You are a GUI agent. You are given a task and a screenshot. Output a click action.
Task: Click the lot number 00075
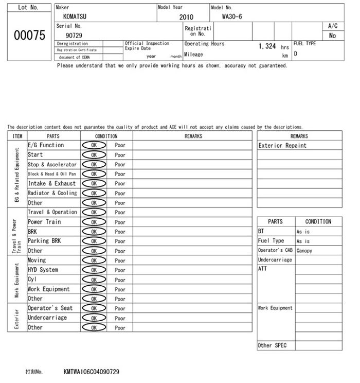coord(28,36)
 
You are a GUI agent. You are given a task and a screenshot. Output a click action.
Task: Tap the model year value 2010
coord(186,17)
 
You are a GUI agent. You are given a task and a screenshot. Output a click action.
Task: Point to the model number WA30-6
coord(232,16)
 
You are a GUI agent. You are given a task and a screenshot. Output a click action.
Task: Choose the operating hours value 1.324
coord(267,46)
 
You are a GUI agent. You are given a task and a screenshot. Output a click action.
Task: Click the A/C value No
coord(332,36)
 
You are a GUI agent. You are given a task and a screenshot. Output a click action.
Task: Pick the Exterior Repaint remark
coord(282,146)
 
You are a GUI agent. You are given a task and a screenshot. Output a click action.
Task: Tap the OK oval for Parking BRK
coord(94,241)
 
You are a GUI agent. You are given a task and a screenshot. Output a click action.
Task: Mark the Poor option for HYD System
coord(120,270)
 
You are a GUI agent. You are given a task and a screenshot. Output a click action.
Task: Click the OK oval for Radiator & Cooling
coord(94,194)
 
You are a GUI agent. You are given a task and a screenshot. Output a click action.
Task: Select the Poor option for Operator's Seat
coord(120,309)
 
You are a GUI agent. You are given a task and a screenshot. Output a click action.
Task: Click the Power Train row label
coord(44,222)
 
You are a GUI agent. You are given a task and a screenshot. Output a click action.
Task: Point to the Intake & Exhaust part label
coord(51,184)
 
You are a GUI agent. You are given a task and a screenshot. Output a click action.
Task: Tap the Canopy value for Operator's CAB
coord(304,251)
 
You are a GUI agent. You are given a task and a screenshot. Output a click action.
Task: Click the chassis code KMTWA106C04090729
coord(92,371)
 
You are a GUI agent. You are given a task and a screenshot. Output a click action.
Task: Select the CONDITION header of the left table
coord(106,136)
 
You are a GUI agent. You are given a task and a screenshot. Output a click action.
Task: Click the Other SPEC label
coord(272,345)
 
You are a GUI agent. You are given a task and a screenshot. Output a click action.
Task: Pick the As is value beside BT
coord(303,232)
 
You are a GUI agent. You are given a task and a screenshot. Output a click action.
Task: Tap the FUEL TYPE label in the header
coord(304,44)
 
